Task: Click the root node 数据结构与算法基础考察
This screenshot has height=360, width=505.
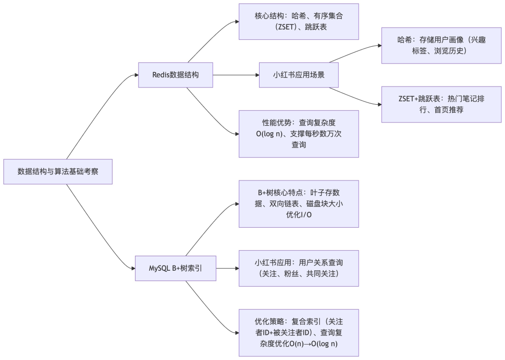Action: point(58,172)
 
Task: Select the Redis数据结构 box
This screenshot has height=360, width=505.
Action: point(176,74)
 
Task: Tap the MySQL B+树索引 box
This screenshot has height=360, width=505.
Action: point(176,268)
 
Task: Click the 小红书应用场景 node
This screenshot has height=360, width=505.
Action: point(299,74)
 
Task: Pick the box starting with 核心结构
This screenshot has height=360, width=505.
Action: point(299,22)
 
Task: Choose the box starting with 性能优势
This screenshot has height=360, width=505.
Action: point(299,134)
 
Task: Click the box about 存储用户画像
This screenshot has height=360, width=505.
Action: point(441,45)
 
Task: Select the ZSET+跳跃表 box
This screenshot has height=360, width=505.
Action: point(441,104)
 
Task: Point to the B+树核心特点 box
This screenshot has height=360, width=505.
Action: point(299,204)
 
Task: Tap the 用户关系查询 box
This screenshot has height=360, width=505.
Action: point(299,268)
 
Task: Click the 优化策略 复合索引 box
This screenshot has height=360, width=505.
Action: point(299,333)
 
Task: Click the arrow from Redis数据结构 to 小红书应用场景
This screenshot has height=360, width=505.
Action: point(236,74)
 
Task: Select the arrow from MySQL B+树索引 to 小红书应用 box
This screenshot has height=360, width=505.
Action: point(228,268)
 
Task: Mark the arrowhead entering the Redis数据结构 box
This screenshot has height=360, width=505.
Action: point(136,74)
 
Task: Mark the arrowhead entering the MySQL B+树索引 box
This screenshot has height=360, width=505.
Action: point(133,268)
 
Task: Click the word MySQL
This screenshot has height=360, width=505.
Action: point(159,268)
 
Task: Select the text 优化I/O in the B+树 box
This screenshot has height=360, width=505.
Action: point(299,216)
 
